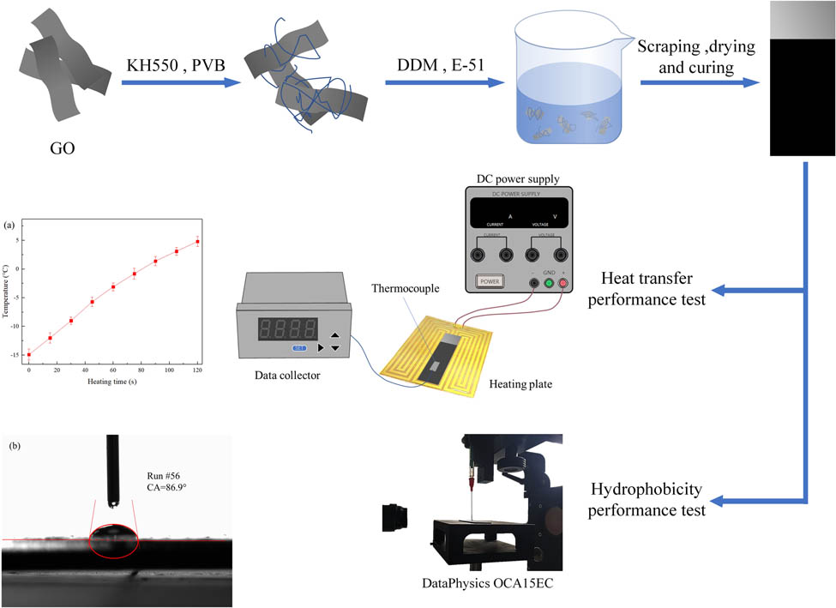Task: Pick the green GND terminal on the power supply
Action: [x=549, y=283]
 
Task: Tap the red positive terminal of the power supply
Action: [x=563, y=283]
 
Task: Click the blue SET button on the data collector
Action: [x=300, y=347]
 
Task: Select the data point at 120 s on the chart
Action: [x=197, y=242]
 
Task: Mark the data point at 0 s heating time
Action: [x=29, y=354]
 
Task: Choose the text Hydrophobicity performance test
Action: [x=646, y=500]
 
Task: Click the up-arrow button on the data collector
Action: [x=334, y=336]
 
